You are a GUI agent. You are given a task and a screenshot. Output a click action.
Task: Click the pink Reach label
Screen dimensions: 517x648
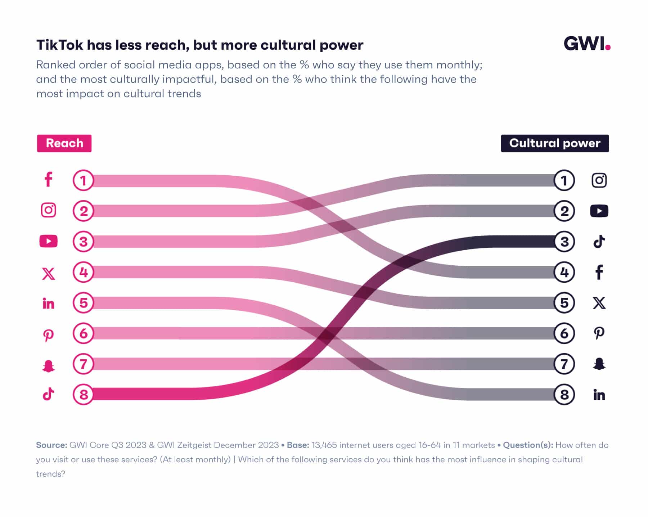point(64,143)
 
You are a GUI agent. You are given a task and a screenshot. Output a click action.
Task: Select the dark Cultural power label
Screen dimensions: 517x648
point(554,143)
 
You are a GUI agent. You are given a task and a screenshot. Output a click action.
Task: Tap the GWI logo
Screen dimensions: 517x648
point(587,44)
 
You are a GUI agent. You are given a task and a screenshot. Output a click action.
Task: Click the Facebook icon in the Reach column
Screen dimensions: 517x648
point(48,179)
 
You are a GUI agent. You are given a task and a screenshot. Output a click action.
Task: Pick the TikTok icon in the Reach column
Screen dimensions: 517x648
point(48,394)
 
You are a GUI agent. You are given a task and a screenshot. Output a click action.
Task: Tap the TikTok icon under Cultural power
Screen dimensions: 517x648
point(599,242)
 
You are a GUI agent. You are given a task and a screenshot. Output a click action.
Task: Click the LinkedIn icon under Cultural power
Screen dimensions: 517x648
point(599,395)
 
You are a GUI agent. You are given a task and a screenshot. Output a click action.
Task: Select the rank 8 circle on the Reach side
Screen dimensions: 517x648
point(83,394)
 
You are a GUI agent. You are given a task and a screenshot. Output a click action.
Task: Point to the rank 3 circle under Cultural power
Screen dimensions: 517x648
point(564,242)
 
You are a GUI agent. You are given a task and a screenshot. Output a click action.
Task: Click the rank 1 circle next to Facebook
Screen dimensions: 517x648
point(83,180)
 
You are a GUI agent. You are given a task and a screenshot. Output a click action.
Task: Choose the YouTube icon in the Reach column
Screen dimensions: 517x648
point(48,241)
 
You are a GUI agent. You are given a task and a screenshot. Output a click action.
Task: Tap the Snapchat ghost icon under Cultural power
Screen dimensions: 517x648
point(599,364)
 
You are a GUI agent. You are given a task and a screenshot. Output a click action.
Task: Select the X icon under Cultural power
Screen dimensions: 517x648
point(599,303)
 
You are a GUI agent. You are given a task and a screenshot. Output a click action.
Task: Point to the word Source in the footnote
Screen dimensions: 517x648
point(51,445)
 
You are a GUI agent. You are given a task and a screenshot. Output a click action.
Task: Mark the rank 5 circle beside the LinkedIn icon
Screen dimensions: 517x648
point(83,302)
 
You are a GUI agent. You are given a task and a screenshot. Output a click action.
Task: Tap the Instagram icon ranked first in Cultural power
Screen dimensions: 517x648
point(599,180)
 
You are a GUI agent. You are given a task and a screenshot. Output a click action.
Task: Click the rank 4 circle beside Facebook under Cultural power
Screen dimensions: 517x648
point(564,272)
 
